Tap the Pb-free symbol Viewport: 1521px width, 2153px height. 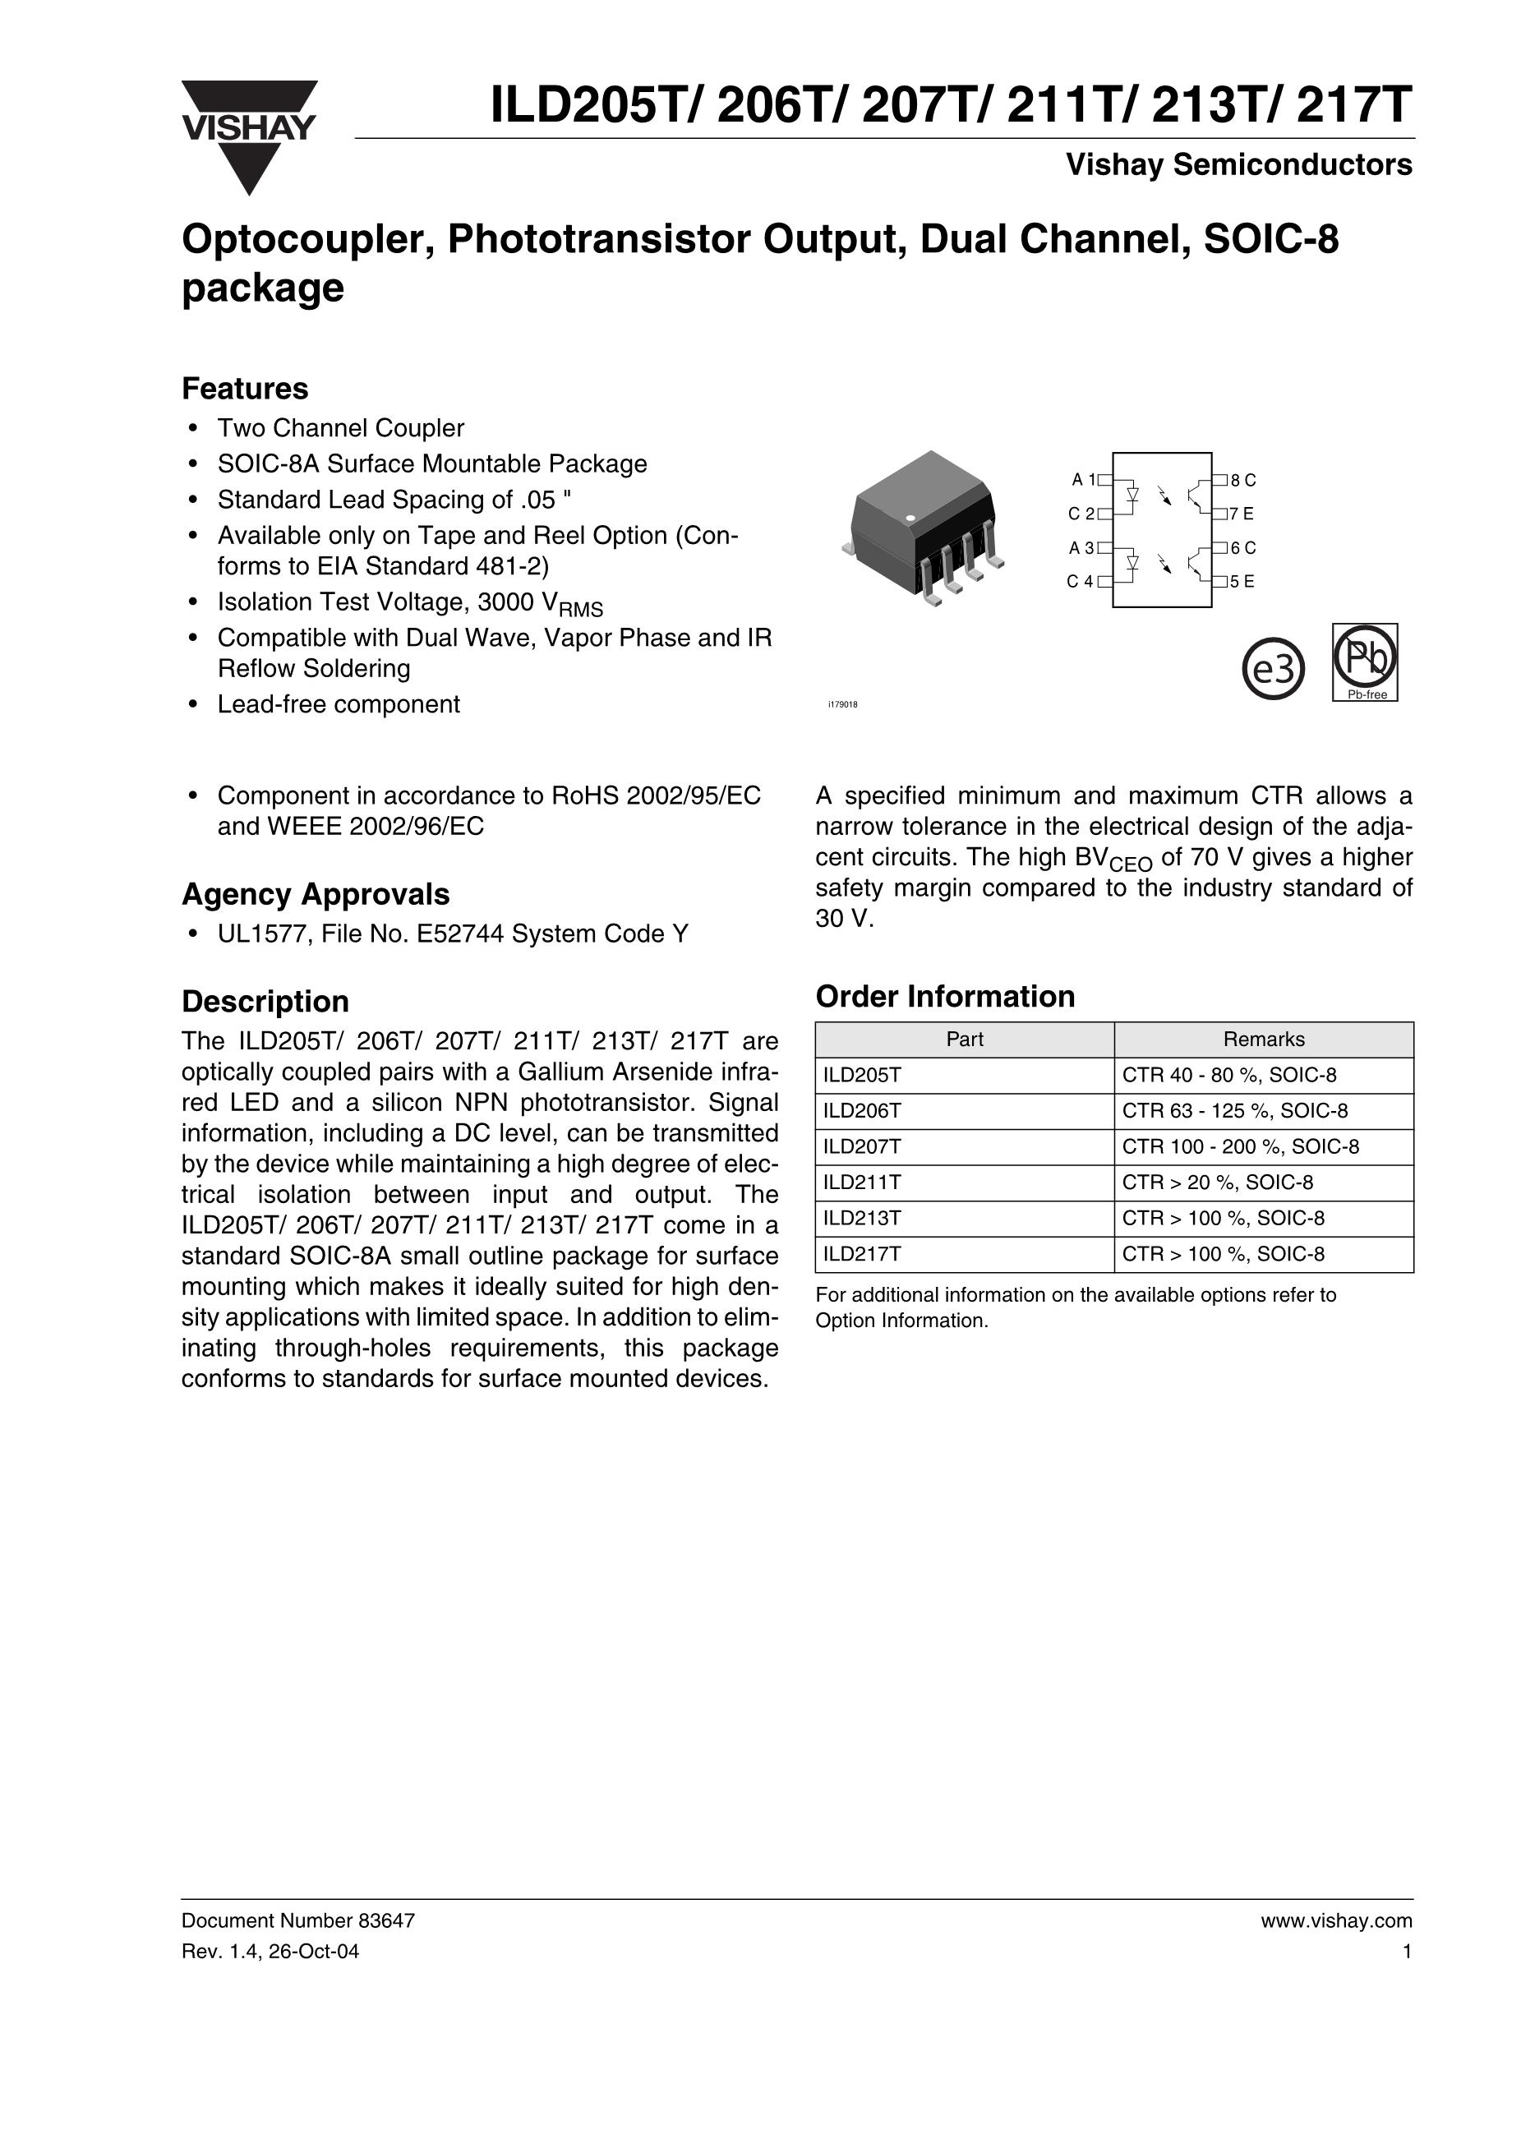pyautogui.click(x=1366, y=661)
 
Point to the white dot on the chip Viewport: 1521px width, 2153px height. pyautogui.click(x=910, y=518)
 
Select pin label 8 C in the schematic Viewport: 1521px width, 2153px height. pyautogui.click(x=1243, y=480)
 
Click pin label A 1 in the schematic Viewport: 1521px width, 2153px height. pyautogui.click(x=1084, y=480)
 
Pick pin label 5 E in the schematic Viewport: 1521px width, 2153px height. pyautogui.click(x=1242, y=581)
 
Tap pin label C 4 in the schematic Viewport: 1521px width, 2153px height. pyautogui.click(x=1081, y=581)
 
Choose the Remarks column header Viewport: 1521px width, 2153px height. pyautogui.click(x=1263, y=1039)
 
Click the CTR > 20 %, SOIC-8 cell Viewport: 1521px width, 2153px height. pyautogui.click(x=1217, y=1182)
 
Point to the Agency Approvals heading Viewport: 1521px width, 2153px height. pyautogui.click(x=315, y=895)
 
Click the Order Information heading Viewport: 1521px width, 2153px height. pyautogui.click(x=945, y=996)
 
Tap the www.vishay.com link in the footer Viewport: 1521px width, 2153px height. pyautogui.click(x=1336, y=1920)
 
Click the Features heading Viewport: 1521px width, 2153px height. pyautogui.click(x=245, y=388)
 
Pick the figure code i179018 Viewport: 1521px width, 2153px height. pyautogui.click(x=842, y=704)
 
